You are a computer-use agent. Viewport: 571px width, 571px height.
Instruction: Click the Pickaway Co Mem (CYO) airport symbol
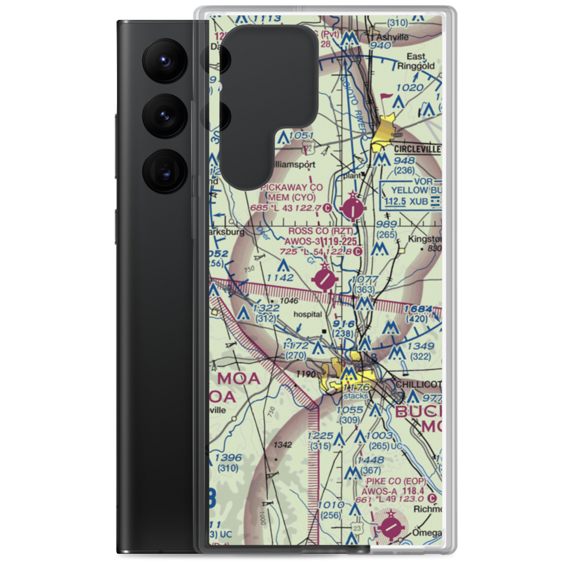pyautogui.click(x=354, y=208)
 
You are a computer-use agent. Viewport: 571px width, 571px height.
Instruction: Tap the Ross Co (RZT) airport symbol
pyautogui.click(x=326, y=279)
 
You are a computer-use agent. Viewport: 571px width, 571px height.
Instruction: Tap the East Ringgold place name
pyautogui.click(x=420, y=61)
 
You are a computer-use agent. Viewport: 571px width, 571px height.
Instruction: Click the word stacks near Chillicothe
pyautogui.click(x=355, y=396)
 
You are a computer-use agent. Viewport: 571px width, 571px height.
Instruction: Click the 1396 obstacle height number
pyautogui.click(x=228, y=458)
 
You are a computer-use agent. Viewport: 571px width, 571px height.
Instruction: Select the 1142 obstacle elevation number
pyautogui.click(x=279, y=278)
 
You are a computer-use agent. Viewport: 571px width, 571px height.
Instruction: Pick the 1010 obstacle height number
pyautogui.click(x=331, y=505)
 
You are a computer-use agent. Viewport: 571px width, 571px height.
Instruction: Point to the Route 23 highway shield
pyautogui.click(x=356, y=527)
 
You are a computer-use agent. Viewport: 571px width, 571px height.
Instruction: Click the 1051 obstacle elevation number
pyautogui.click(x=301, y=135)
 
